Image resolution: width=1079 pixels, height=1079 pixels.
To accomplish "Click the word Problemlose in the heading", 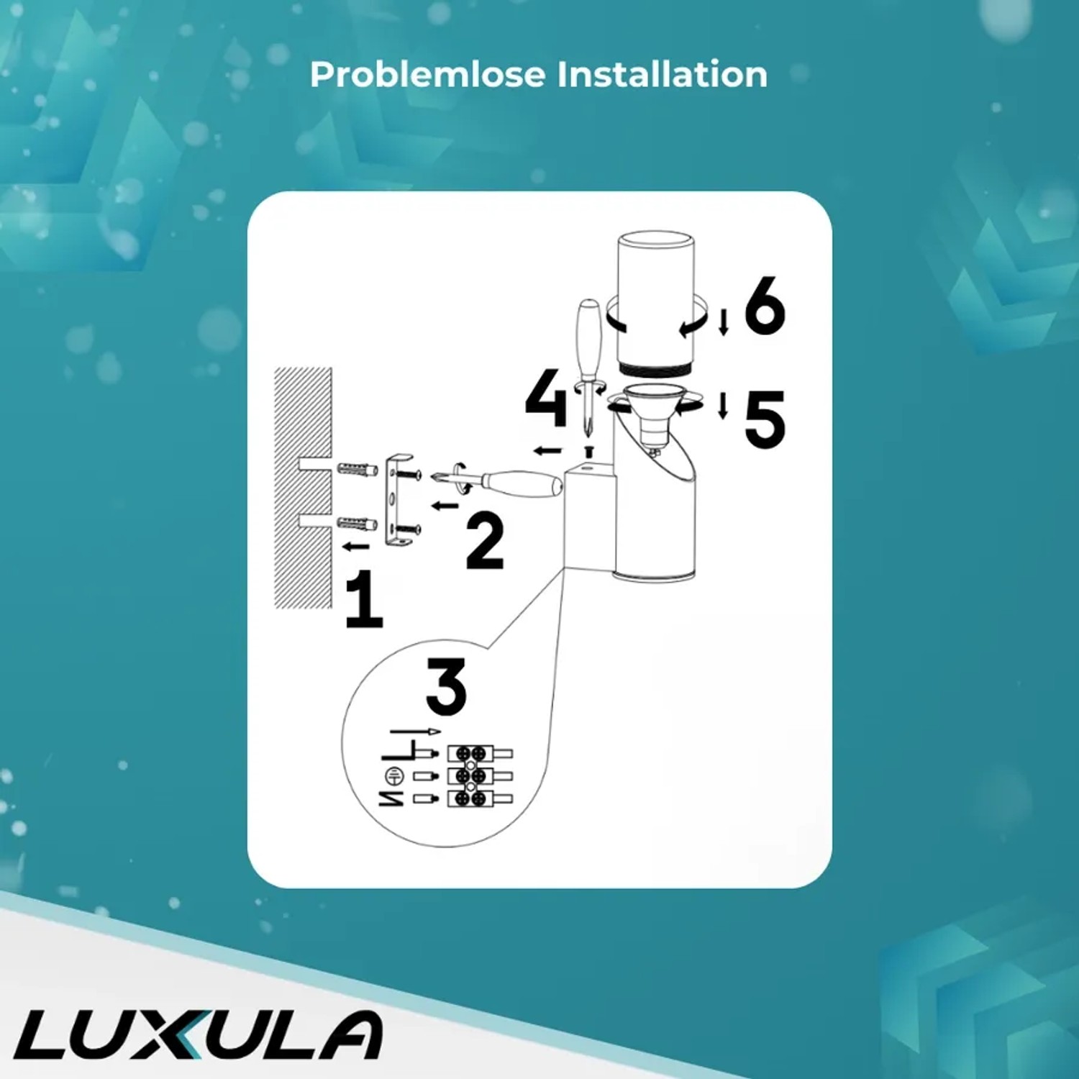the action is click(428, 75).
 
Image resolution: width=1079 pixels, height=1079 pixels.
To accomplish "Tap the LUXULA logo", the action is click(198, 1035).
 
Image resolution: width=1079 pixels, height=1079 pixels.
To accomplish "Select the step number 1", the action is click(364, 598).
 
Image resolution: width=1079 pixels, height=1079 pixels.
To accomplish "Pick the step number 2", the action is click(485, 541).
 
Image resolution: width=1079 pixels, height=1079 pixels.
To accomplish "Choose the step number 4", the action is click(546, 398).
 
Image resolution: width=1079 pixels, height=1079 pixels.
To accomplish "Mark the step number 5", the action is click(765, 419).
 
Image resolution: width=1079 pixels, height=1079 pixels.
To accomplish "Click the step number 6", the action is click(765, 306).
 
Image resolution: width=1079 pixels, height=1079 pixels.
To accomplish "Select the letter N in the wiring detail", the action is click(391, 798).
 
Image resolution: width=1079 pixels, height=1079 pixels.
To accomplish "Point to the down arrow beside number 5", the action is click(724, 406).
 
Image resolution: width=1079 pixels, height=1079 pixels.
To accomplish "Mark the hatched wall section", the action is click(303, 488).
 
